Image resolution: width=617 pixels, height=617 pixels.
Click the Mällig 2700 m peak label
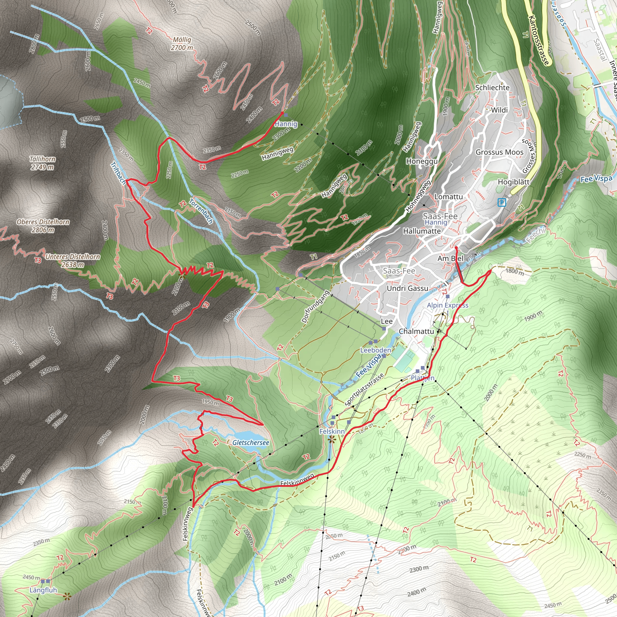182,44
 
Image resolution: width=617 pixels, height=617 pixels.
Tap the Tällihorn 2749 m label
42,163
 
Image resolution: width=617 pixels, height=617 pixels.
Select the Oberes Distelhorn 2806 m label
43,225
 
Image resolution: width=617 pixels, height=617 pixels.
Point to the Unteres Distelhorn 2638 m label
73,260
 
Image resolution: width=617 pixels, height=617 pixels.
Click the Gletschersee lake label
251,443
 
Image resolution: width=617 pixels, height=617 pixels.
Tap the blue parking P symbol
502,202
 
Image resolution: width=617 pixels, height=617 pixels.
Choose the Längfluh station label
43,590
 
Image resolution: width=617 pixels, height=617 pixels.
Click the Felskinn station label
332,431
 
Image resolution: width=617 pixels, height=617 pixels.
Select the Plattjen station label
422,378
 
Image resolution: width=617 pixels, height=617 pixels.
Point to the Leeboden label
376,350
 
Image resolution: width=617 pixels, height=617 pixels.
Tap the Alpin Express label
447,305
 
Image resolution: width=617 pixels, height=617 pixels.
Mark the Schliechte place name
492,87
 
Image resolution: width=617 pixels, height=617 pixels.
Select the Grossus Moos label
500,152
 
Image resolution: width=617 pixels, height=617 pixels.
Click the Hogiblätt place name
514,182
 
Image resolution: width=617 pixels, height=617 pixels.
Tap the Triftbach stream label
118,173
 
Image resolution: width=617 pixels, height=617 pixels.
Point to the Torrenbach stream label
201,211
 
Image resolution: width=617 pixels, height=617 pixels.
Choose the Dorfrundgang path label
315,306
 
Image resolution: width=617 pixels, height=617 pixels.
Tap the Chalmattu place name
416,331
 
